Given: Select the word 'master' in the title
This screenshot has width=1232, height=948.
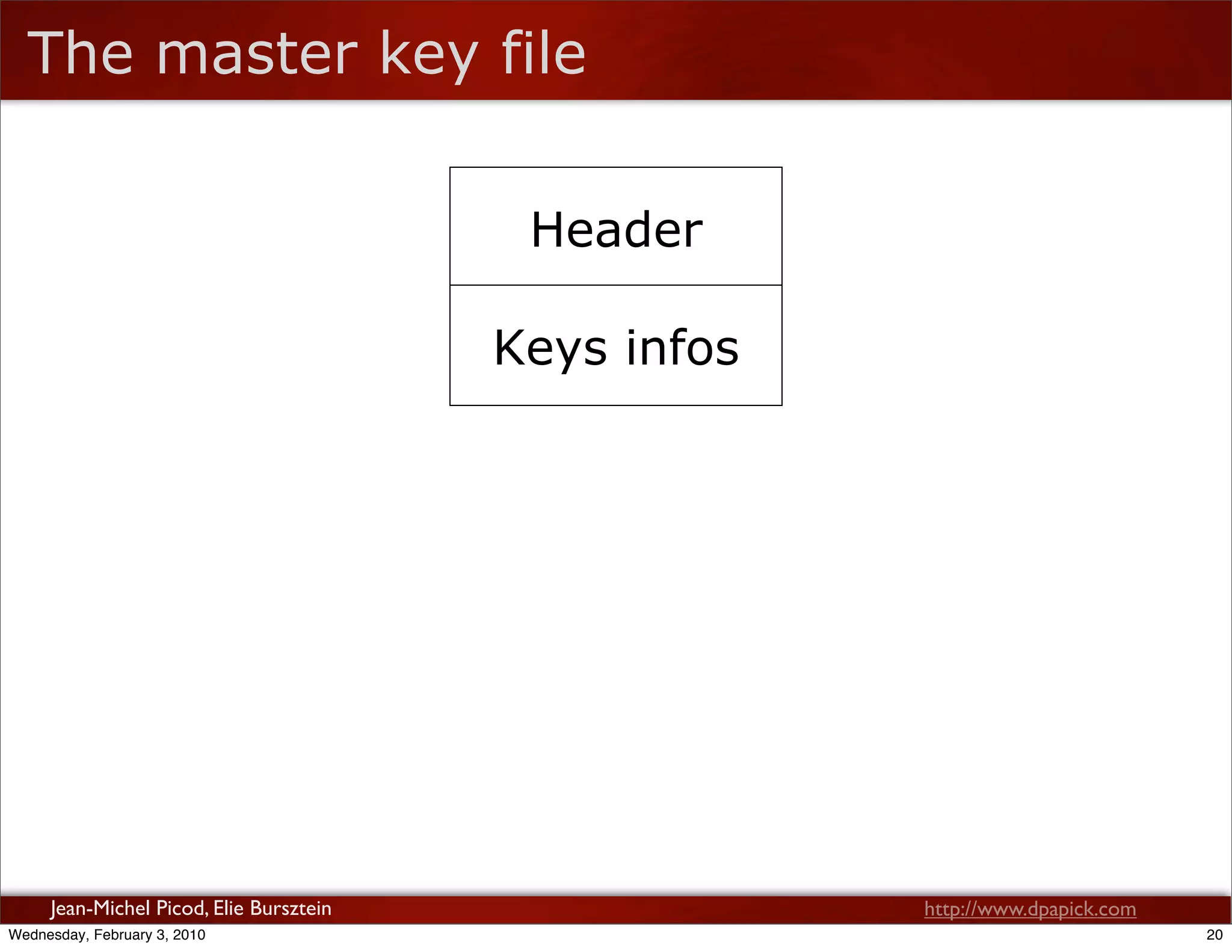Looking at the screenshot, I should [x=257, y=55].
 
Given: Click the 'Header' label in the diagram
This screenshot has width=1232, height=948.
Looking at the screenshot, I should [x=617, y=230].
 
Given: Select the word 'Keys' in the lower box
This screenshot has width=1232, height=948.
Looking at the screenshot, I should [x=550, y=348].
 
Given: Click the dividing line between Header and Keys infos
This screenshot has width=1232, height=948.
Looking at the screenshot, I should [x=616, y=285].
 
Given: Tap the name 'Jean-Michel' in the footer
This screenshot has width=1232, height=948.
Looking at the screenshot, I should [x=100, y=908].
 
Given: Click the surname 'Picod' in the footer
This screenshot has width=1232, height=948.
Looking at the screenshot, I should [x=180, y=908].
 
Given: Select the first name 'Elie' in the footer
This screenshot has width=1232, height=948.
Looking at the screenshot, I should [x=228, y=908].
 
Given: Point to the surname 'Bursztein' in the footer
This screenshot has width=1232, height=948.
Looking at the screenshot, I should [x=291, y=908].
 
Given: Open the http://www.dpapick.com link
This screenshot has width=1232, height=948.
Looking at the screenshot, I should [x=1030, y=909].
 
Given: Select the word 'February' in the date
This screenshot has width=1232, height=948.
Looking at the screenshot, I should [x=122, y=935].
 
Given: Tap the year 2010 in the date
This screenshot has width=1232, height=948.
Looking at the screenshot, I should [x=189, y=935].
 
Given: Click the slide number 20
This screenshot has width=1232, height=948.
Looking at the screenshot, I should [x=1215, y=935].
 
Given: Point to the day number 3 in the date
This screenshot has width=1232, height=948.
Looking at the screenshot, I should [x=161, y=935].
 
